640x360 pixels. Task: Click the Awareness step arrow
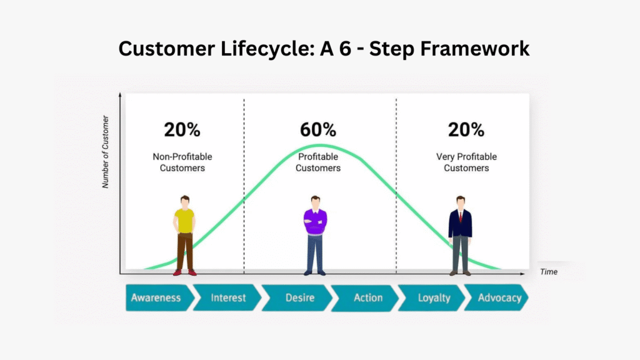[x=156, y=297]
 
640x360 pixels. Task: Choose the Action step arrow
[x=367, y=297]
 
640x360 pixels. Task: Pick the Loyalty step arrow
[x=434, y=297]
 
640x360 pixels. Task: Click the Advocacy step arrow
[x=499, y=297]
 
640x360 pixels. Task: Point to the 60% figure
[x=318, y=130]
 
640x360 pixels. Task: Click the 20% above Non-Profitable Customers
[x=182, y=130]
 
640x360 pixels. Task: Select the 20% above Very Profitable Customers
[x=466, y=130]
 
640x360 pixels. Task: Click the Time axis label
[x=549, y=272]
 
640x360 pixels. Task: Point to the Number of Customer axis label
[x=106, y=151]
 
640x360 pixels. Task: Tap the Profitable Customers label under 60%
[x=318, y=162]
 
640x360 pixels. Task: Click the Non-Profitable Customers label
[x=182, y=162]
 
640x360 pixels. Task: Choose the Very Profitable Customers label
[x=466, y=162]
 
